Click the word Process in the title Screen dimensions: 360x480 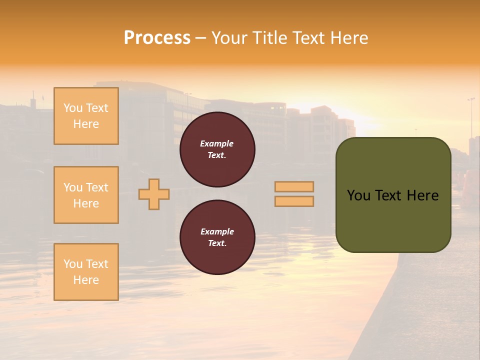point(157,38)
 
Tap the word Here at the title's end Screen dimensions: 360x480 point(347,38)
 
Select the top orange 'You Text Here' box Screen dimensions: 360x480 point(86,116)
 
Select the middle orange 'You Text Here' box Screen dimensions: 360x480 point(86,195)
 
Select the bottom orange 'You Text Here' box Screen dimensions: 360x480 point(86,271)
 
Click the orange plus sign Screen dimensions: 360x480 point(154,194)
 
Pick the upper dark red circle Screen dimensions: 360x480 point(217,149)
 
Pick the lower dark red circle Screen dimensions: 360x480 point(217,237)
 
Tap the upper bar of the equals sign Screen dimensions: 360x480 point(294,186)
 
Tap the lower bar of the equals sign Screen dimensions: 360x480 point(294,201)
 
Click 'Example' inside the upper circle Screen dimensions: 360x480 point(216,143)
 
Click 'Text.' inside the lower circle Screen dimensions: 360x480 point(217,243)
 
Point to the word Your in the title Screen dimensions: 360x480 point(230,38)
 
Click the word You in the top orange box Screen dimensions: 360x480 point(73,108)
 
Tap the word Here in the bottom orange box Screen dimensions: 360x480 point(86,280)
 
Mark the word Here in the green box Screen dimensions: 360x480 point(423,195)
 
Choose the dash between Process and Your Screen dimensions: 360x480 point(200,38)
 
